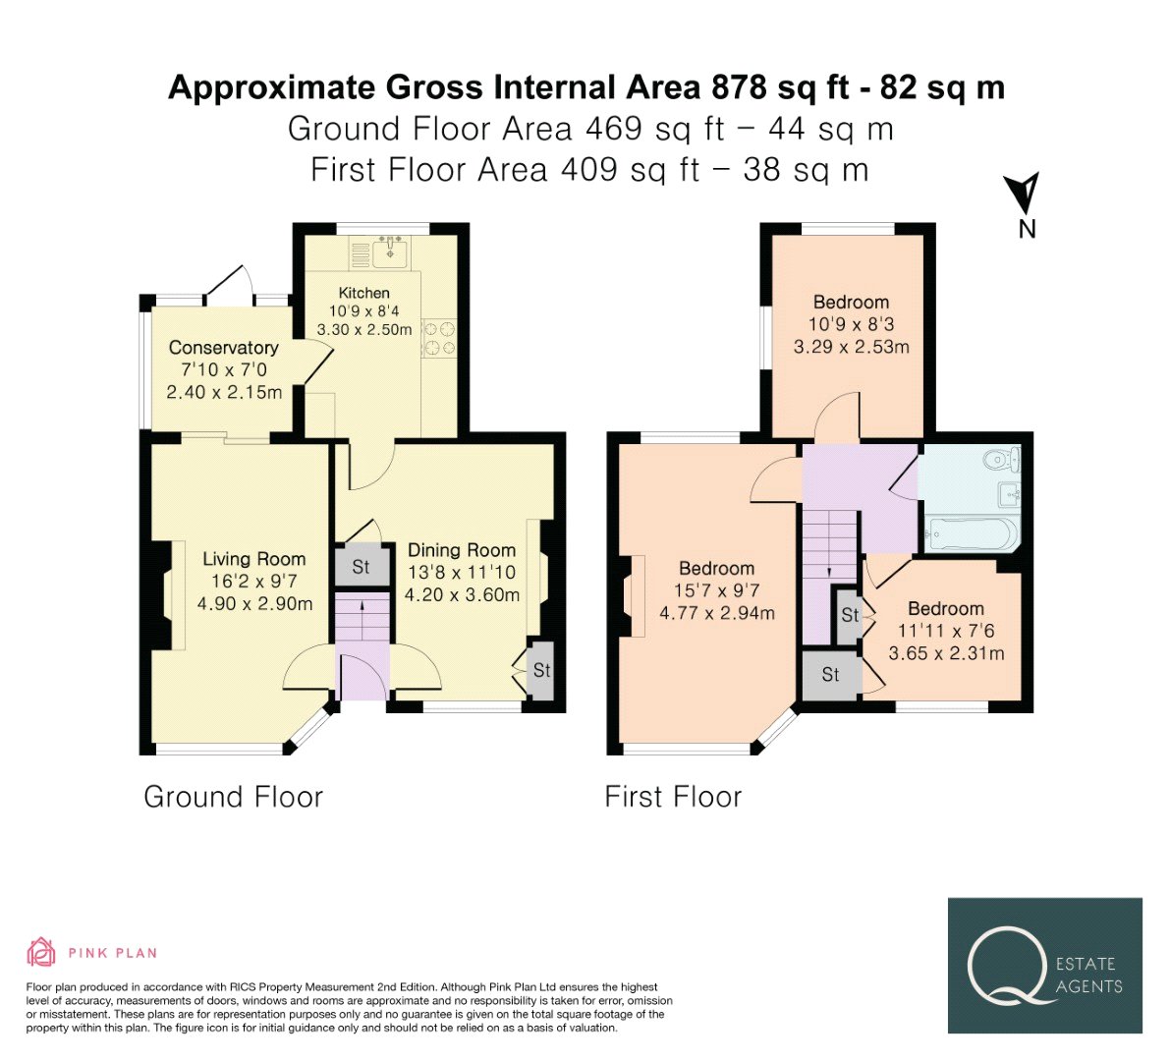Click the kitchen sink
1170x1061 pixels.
click(x=389, y=251)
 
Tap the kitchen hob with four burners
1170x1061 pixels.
click(x=439, y=338)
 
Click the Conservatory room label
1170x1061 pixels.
click(x=223, y=348)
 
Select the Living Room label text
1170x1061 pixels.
click(x=253, y=559)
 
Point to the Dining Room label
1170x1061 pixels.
click(x=461, y=550)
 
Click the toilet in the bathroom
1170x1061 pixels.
click(x=1002, y=459)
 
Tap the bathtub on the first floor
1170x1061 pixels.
click(x=971, y=533)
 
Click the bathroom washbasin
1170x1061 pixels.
click(x=1010, y=493)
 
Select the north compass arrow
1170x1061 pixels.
click(x=1022, y=193)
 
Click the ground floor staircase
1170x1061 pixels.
click(x=362, y=617)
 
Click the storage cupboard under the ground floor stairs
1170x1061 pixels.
click(x=362, y=566)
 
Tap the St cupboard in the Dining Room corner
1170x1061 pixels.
click(x=541, y=670)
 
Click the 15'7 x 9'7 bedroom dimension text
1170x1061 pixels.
click(x=716, y=590)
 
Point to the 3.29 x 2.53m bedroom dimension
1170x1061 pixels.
click(x=852, y=347)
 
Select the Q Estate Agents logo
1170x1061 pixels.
click(x=1044, y=966)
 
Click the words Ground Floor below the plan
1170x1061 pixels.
click(x=234, y=797)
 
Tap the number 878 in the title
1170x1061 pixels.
click(x=739, y=87)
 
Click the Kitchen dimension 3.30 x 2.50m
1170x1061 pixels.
click(x=364, y=329)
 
